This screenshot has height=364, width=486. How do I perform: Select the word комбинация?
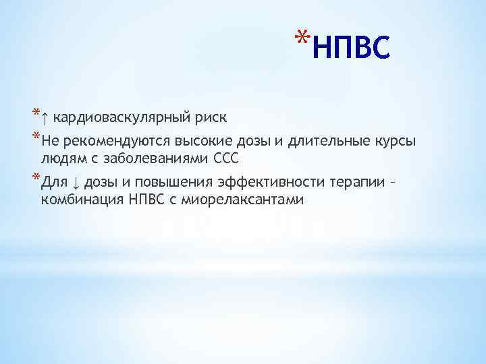point(80,200)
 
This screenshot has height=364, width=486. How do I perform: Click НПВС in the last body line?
point(145,200)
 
